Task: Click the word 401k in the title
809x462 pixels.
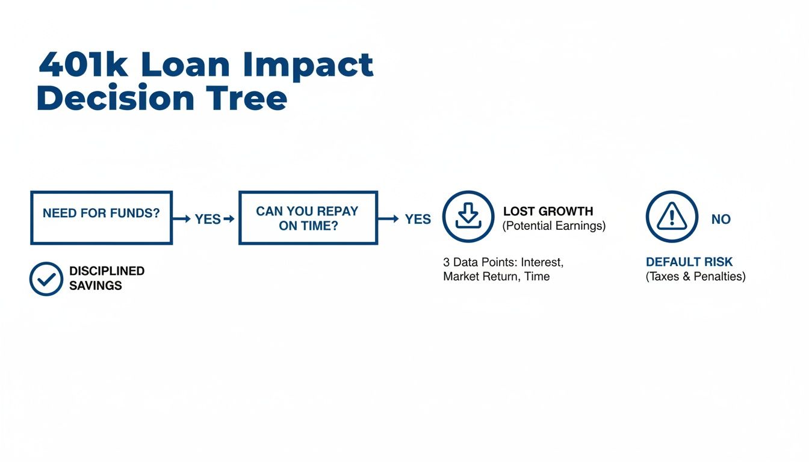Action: [x=84, y=64]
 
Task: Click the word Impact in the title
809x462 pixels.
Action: [x=308, y=67]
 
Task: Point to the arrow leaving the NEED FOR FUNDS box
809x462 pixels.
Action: [x=182, y=219]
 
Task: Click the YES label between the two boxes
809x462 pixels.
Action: [x=208, y=219]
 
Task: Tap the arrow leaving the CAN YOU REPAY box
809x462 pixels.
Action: [x=388, y=218]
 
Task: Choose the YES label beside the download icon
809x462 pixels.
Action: [x=418, y=219]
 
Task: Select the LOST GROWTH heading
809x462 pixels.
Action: [x=548, y=211]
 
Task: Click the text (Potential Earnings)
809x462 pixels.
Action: [x=554, y=226]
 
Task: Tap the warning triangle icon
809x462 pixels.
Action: [x=672, y=217]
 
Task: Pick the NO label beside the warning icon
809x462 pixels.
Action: [x=721, y=219]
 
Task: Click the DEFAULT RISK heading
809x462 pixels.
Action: [x=689, y=262]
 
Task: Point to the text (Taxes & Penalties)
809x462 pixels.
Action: [x=696, y=277]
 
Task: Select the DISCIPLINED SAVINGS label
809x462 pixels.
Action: [x=107, y=279]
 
